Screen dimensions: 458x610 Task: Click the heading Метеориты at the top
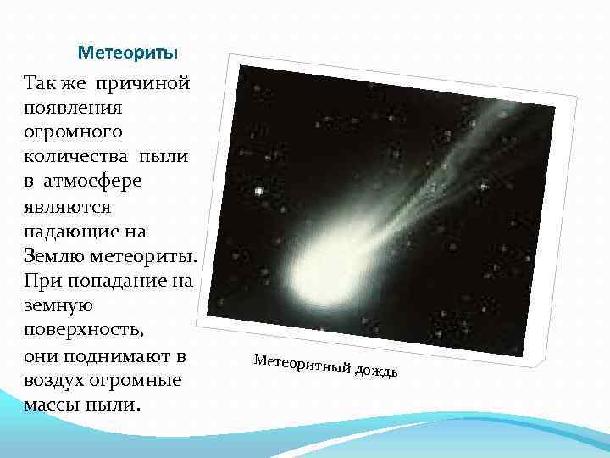tap(127, 53)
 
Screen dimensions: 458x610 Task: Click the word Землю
tap(53, 256)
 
